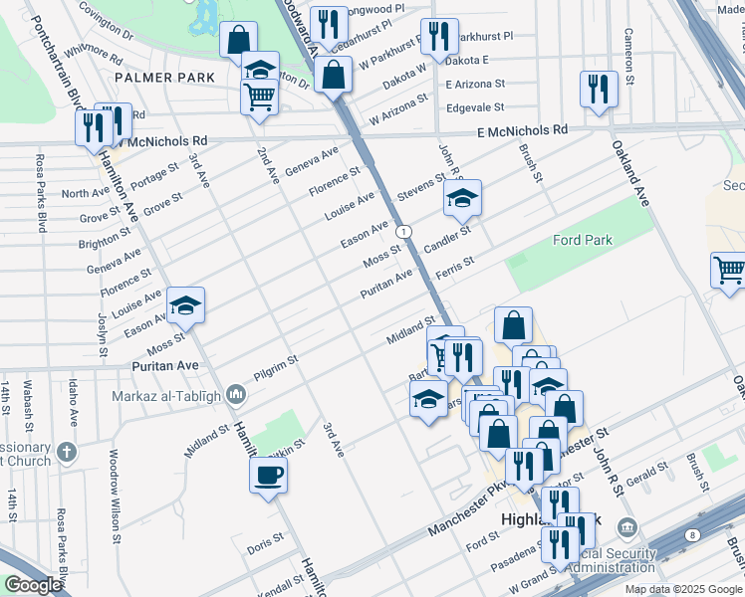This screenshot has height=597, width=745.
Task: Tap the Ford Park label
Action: tap(583, 240)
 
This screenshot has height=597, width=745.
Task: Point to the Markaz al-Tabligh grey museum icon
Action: tap(236, 395)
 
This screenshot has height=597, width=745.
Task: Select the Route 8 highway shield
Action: tap(692, 535)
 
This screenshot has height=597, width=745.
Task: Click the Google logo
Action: tap(33, 585)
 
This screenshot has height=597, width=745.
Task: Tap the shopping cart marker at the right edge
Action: tap(729, 269)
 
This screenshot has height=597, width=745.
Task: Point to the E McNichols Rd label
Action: tap(522, 130)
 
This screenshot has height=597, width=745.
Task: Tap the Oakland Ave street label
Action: tap(629, 175)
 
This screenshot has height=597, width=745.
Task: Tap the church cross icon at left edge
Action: tap(68, 451)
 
